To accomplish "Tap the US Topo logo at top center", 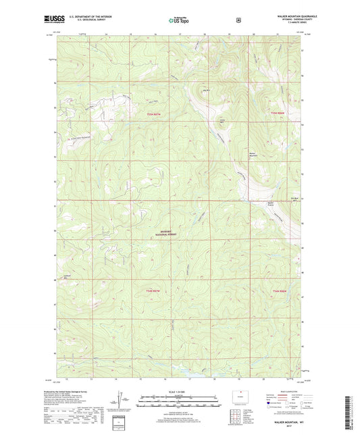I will click(x=179, y=20).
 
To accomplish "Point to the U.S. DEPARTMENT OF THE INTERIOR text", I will click(x=85, y=18).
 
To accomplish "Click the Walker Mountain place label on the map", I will click(x=253, y=153).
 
